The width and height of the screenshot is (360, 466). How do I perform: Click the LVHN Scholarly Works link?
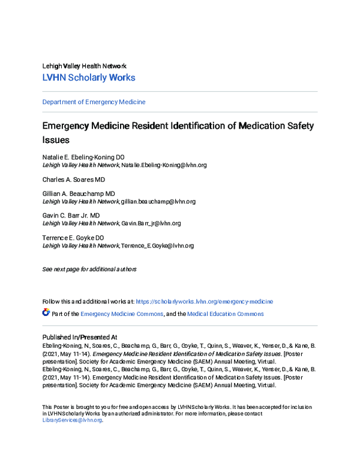[89, 77]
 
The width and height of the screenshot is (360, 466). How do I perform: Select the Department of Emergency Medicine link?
[94, 102]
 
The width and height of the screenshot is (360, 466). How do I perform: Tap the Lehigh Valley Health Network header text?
[84, 65]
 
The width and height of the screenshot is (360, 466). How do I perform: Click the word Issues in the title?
[56, 140]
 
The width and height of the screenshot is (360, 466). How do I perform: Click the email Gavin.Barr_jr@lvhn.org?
[151, 223]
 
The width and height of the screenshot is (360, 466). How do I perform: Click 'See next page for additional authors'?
[89, 269]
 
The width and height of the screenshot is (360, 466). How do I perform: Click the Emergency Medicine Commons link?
[122, 314]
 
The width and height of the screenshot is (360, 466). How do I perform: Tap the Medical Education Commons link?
[225, 314]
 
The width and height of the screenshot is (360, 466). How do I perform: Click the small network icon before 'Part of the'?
[46, 313]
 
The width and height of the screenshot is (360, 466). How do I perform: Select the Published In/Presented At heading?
[79, 337]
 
